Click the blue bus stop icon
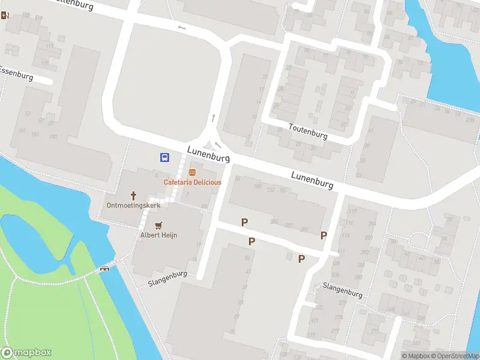[x=164, y=158]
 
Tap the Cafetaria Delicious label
[x=193, y=182]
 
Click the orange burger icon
[x=192, y=172]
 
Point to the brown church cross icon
[x=134, y=196]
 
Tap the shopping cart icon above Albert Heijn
[x=158, y=226]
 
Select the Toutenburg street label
[x=308, y=131]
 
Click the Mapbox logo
[x=26, y=353]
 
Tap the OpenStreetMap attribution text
[x=454, y=356]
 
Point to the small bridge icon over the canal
[x=106, y=268]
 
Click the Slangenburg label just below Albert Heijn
[x=167, y=278]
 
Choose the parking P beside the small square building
[x=302, y=259]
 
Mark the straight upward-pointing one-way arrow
[x=212, y=118]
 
